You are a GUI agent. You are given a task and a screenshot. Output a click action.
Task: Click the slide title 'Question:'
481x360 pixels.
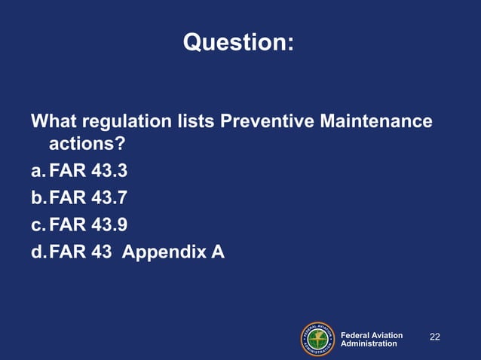click(238, 44)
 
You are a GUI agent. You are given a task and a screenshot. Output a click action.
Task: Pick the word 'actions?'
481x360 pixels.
click(87, 143)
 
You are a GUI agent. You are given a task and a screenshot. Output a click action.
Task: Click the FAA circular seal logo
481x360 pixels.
click(318, 339)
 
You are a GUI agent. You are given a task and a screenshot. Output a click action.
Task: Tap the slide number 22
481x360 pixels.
click(435, 336)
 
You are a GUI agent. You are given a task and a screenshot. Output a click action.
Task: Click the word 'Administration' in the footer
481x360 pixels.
click(369, 343)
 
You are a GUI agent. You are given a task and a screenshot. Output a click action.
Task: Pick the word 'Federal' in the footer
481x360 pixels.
click(355, 335)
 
